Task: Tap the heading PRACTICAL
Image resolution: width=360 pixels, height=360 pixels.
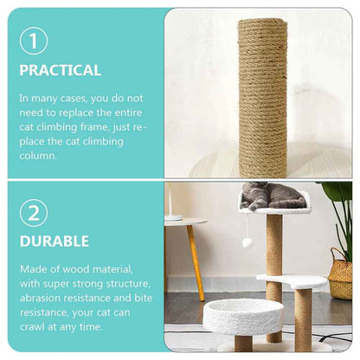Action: (60, 70)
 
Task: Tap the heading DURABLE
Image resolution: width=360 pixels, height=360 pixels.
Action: (55, 242)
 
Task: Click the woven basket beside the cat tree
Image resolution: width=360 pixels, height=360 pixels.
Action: (340, 274)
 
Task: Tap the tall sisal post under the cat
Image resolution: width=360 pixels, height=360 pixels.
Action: (273, 247)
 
